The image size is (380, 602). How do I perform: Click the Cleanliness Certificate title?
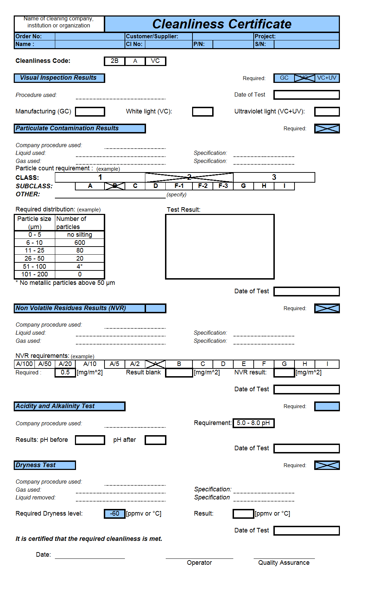pyautogui.click(x=222, y=24)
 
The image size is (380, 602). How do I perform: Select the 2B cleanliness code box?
pyautogui.click(x=114, y=61)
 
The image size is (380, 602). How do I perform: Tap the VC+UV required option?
pyautogui.click(x=327, y=78)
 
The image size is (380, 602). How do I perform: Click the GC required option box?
pyautogui.click(x=284, y=78)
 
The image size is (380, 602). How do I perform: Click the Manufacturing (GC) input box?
pyautogui.click(x=90, y=112)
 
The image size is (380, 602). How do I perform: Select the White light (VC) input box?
pyautogui.click(x=203, y=112)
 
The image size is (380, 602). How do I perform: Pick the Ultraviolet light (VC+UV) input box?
pyautogui.click(x=327, y=112)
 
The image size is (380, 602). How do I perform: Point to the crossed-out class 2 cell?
pyautogui.click(x=189, y=177)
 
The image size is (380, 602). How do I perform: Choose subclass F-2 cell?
pyautogui.click(x=203, y=186)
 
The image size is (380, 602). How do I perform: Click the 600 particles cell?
pyautogui.click(x=80, y=243)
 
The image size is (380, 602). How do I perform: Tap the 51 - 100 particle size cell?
pyautogui.click(x=35, y=267)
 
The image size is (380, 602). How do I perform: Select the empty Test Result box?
pyautogui.click(x=220, y=247)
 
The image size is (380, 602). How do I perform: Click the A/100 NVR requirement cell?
pyautogui.click(x=24, y=364)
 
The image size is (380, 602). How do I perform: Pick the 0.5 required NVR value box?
pyautogui.click(x=65, y=373)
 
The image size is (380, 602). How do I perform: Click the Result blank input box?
pyautogui.click(x=179, y=373)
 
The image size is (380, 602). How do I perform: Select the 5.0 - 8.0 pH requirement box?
pyautogui.click(x=253, y=423)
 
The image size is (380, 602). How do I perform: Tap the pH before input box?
pyautogui.click(x=90, y=440)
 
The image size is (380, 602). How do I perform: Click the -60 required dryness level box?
pyautogui.click(x=114, y=514)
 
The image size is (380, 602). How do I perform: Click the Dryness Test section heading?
pyautogui.click(x=45, y=465)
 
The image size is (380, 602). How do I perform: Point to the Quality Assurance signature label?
pyautogui.click(x=284, y=563)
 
